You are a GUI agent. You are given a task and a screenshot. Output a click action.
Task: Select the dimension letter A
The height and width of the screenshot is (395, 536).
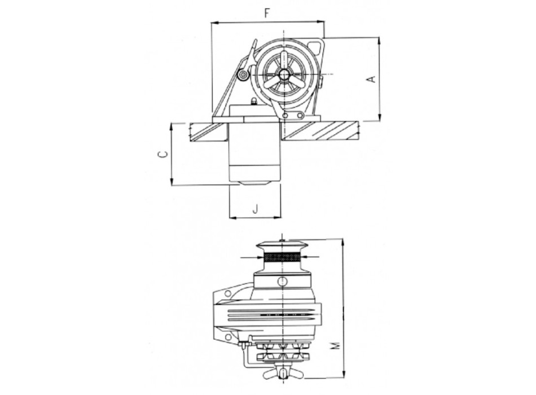click(371, 79)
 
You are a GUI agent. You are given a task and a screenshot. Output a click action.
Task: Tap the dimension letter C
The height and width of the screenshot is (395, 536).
click(162, 154)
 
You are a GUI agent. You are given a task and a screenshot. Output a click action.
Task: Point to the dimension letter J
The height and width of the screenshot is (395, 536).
click(255, 209)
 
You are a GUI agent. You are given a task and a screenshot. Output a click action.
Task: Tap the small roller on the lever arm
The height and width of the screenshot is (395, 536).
click(243, 74)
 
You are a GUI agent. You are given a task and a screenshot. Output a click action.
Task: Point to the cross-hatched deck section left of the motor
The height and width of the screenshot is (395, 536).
click(207, 131)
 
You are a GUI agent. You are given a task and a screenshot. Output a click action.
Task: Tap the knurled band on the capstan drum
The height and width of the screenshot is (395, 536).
click(283, 257)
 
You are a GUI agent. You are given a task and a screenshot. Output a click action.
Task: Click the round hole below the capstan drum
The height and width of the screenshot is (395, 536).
click(283, 281)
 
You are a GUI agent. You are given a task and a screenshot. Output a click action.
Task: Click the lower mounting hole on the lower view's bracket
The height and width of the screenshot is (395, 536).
click(228, 337)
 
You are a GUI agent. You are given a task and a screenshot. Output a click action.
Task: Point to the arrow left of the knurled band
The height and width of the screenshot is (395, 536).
click(251, 257)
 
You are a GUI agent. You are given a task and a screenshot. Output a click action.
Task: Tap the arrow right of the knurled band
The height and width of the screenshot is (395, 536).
click(314, 257)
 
